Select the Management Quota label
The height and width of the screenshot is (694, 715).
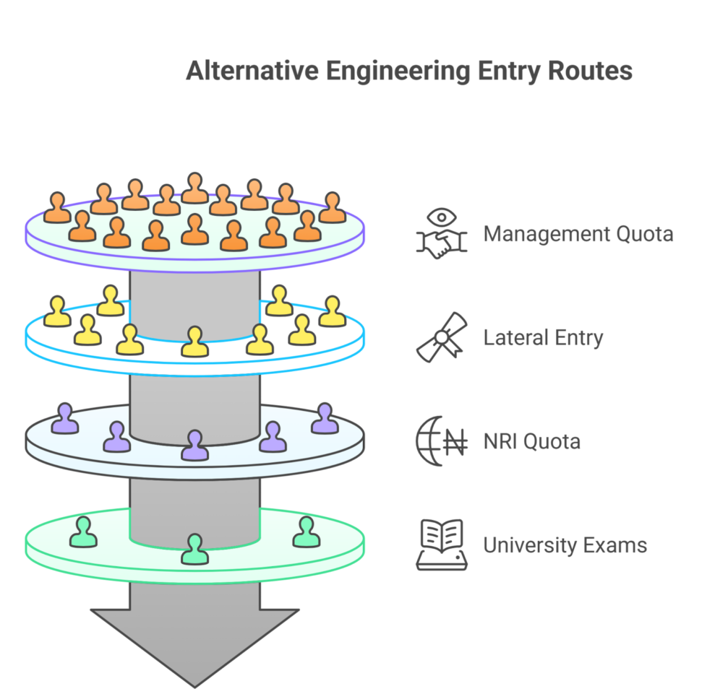click(x=578, y=234)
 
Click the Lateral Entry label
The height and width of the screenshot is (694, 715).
click(x=543, y=338)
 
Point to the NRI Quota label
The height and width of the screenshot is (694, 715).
click(x=531, y=441)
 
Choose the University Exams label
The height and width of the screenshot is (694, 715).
click(x=565, y=545)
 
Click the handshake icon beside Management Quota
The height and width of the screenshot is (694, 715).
click(x=442, y=234)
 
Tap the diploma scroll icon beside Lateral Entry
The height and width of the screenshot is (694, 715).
click(x=442, y=337)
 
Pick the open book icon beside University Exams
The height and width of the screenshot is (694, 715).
click(x=442, y=545)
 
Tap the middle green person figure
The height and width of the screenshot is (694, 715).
click(x=194, y=550)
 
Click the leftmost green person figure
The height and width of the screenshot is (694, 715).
click(x=82, y=533)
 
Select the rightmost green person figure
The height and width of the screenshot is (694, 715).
click(x=305, y=533)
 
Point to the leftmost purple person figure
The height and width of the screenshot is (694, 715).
click(x=66, y=420)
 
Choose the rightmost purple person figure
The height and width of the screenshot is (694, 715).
click(x=325, y=420)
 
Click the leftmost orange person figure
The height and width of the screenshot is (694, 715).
click(x=57, y=209)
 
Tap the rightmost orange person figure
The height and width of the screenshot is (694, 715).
click(x=332, y=208)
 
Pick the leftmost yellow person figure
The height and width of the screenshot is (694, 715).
click(x=57, y=313)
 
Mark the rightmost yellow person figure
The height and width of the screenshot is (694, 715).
click(x=332, y=313)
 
